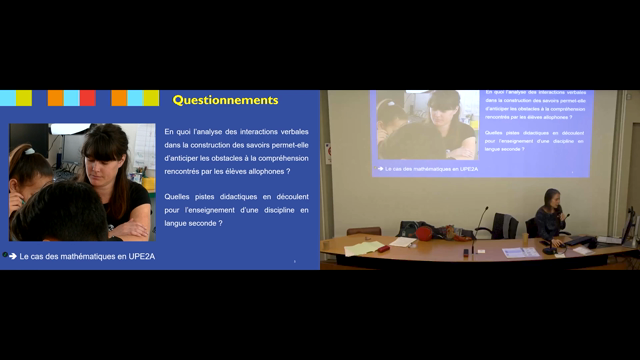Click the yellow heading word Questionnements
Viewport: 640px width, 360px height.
(225, 100)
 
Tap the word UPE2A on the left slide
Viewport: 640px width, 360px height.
(138, 257)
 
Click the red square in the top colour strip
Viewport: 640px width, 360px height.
(87, 98)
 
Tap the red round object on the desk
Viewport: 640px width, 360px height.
(424, 233)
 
